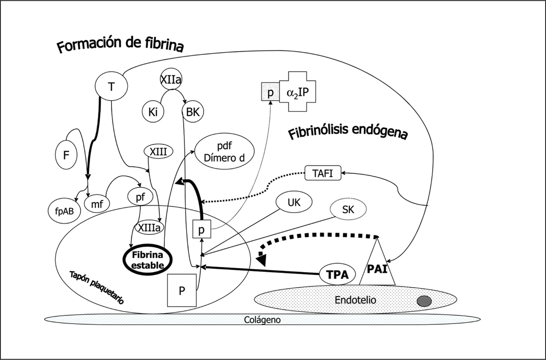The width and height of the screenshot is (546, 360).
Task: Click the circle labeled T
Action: coord(112,87)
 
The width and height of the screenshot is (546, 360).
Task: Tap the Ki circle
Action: coord(153,111)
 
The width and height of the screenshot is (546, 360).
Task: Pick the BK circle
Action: coord(192,111)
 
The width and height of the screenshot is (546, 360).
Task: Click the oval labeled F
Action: coord(66,155)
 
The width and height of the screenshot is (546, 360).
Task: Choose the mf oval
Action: coord(97,202)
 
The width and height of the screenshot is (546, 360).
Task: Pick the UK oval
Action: coord(294,202)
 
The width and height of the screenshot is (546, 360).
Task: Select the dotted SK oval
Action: coord(348,210)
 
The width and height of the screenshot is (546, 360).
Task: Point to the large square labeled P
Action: coord(182,290)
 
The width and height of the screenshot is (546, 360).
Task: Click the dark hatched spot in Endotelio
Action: coord(424,301)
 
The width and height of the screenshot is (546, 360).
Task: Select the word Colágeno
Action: coord(263,320)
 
